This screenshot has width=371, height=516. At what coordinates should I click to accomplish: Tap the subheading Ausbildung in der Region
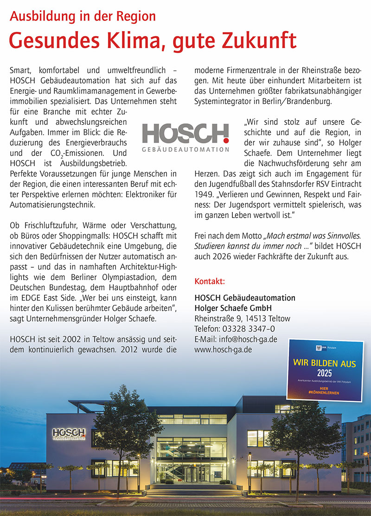coord(83,16)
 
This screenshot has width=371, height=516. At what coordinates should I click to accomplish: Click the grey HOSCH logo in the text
coord(185,133)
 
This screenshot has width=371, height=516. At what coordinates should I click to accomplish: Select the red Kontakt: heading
coord(210,282)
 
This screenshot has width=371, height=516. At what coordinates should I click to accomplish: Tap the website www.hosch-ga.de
coord(223,349)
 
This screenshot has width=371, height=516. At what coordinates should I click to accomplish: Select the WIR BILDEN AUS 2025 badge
coord(324,370)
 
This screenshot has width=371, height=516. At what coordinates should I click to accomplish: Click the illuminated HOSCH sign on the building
coord(69,433)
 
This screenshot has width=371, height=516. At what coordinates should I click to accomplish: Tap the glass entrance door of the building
coord(192,474)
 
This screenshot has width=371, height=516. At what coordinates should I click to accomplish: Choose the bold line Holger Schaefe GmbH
coord(233,308)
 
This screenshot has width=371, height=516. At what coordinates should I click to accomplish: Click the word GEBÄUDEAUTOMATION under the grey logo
coord(185,150)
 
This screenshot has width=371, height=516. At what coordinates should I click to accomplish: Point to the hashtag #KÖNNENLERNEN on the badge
coord(324,393)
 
